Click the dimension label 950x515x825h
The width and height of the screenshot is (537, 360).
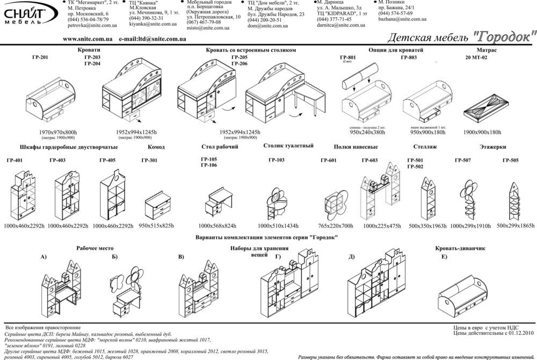(x=156, y=226)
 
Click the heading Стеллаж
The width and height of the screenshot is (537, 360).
(x=425, y=146)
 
